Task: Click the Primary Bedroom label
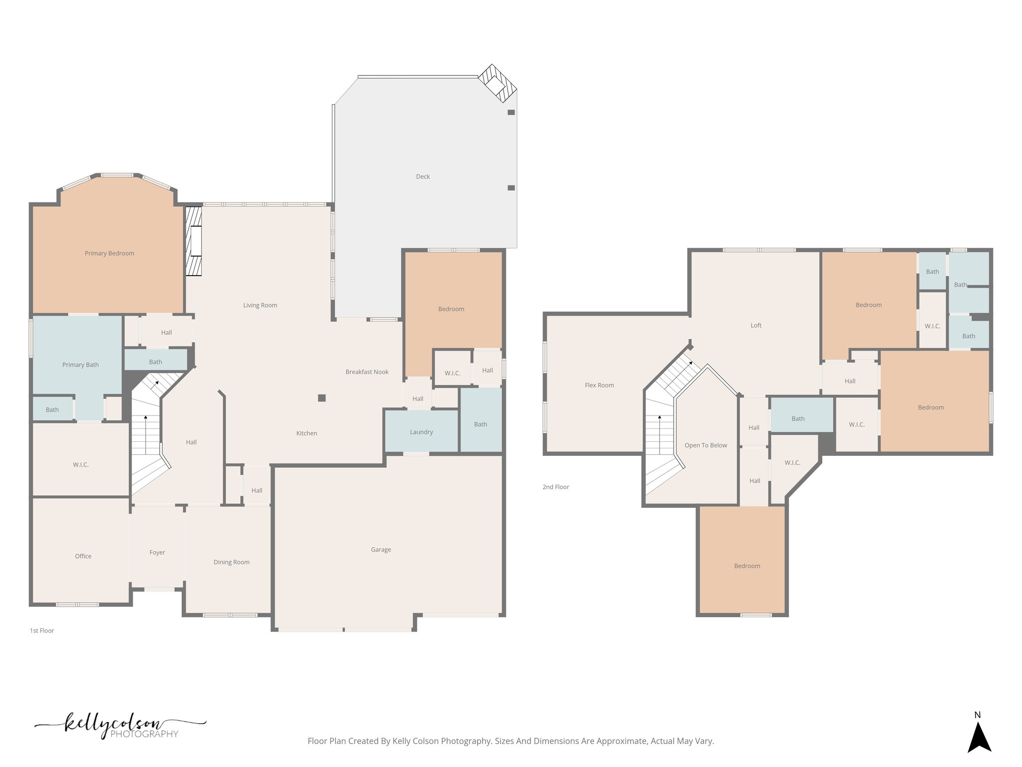coord(109,253)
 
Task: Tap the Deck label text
coord(423,176)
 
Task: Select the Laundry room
coord(421,432)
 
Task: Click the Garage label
coord(381,549)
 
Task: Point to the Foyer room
coord(157,552)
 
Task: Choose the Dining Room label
coord(232,562)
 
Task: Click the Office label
coord(83,556)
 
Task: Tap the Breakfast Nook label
coord(367,372)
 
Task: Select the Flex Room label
coord(599,385)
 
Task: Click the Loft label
coord(756,325)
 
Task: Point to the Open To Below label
coord(706,445)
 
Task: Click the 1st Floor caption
coord(42,630)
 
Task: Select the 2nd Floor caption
coord(555,486)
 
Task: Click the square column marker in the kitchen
coord(322,398)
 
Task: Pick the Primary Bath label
coord(80,365)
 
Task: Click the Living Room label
coord(260,305)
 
